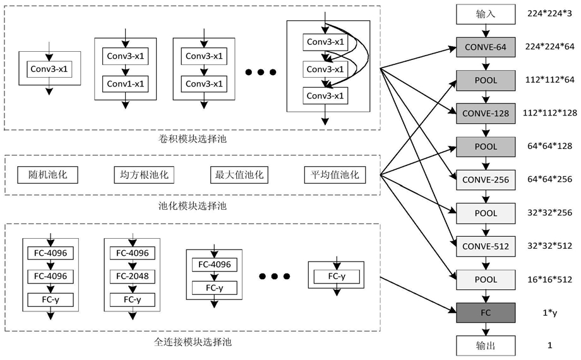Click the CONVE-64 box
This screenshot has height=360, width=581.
(486, 47)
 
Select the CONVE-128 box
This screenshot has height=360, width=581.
(486, 114)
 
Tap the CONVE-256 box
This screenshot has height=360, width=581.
(486, 180)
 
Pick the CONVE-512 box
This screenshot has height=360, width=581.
(486, 246)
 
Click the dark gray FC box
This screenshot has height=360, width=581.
(486, 313)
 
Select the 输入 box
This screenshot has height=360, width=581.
(486, 15)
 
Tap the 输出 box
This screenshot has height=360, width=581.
(486, 345)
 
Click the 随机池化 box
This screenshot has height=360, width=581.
(48, 175)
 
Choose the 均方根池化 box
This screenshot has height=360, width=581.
(144, 175)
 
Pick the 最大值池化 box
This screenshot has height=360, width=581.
(239, 175)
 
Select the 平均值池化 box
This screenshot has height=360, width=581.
(335, 175)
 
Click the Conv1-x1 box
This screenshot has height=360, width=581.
(126, 84)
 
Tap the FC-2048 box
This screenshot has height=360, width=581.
(132, 276)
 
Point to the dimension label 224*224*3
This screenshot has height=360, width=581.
(550, 14)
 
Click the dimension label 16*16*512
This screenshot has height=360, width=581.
(550, 280)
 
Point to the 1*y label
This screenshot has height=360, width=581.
(550, 313)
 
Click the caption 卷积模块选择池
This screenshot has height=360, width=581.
(193, 139)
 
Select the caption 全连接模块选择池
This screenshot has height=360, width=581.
(193, 342)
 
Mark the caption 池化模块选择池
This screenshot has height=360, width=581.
(193, 206)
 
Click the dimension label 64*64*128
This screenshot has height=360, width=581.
(550, 146)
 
